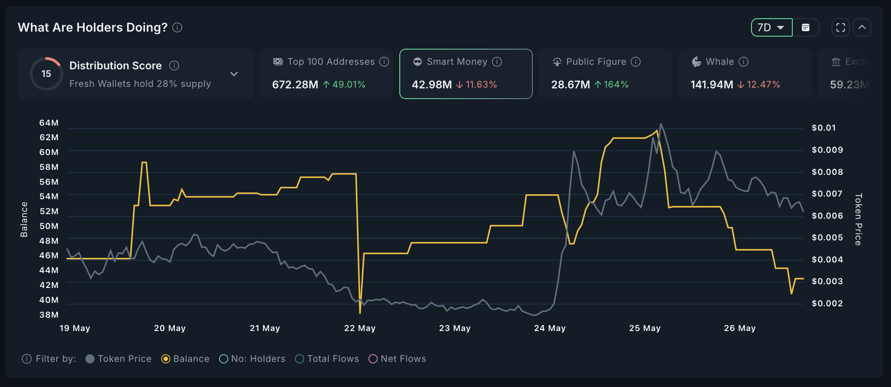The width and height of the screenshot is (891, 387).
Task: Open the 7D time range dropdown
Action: (x=771, y=27)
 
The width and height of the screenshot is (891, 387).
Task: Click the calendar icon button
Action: (x=805, y=27)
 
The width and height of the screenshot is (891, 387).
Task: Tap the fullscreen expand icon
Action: (x=840, y=27)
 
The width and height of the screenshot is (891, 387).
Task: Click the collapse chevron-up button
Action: (x=862, y=27)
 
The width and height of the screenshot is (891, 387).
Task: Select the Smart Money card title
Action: (x=457, y=62)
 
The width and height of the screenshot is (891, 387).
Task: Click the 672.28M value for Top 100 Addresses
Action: (x=295, y=85)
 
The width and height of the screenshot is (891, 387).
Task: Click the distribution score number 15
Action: (x=46, y=74)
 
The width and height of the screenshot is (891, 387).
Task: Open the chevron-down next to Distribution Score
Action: (x=234, y=74)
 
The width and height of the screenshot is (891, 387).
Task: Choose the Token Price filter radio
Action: (x=90, y=359)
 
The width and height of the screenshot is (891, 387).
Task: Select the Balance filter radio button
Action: (x=166, y=359)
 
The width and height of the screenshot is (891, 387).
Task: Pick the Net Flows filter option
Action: (x=373, y=359)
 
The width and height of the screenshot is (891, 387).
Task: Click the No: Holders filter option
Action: (x=224, y=359)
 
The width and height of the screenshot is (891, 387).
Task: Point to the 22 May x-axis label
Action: (x=360, y=328)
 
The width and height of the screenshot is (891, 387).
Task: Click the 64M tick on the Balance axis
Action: (x=49, y=123)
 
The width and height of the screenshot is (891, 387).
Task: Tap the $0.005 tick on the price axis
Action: (x=827, y=237)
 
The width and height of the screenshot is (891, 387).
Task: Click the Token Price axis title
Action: (x=858, y=219)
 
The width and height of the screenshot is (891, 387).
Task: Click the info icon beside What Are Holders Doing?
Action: (x=177, y=27)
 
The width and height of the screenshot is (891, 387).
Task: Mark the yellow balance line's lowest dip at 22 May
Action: (x=360, y=312)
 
